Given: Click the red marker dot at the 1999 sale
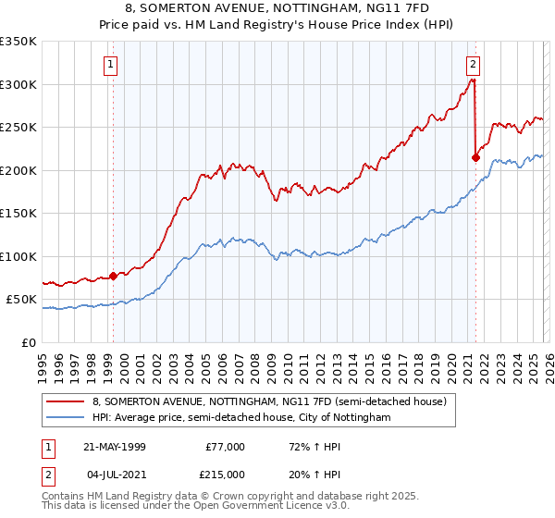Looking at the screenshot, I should [114, 276].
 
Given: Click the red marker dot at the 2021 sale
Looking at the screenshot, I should [475, 157].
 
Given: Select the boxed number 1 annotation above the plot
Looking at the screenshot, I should [110, 65].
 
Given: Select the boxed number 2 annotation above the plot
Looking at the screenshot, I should [473, 65].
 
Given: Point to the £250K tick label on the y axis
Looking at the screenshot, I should [18, 128].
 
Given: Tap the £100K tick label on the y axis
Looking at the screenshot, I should [18, 256].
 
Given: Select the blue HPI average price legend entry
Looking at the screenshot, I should [241, 418].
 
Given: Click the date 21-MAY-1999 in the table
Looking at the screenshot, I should [114, 447].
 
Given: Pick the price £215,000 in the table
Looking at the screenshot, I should [226, 473].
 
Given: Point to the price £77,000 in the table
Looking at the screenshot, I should [226, 447].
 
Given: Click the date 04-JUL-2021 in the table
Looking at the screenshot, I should [114, 473].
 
